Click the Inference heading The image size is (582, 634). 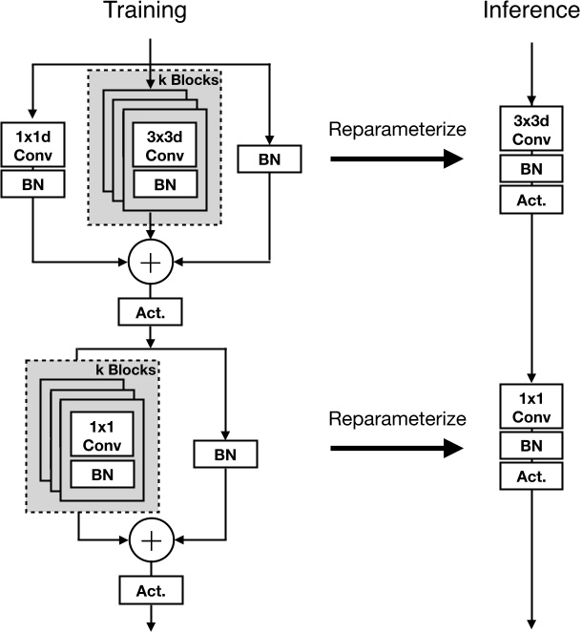532,12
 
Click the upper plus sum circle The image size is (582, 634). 151,260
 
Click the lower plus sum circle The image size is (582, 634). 151,540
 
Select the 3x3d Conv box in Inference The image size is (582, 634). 532,130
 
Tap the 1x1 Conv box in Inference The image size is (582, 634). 532,407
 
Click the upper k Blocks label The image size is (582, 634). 195,80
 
